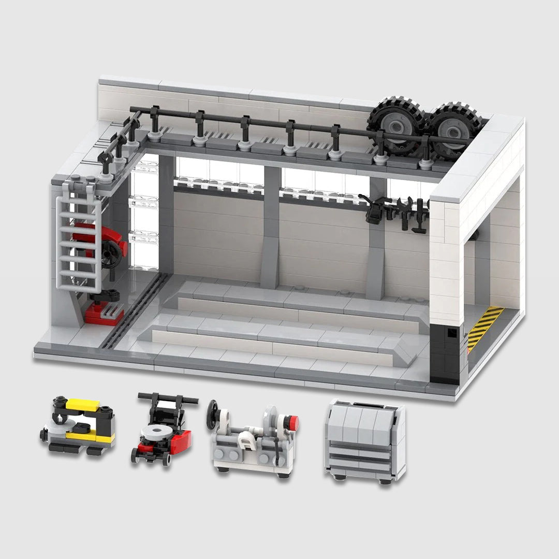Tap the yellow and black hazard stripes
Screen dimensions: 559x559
point(484,328)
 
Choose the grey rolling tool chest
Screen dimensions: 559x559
point(365,440)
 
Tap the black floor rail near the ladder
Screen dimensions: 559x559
point(135,316)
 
